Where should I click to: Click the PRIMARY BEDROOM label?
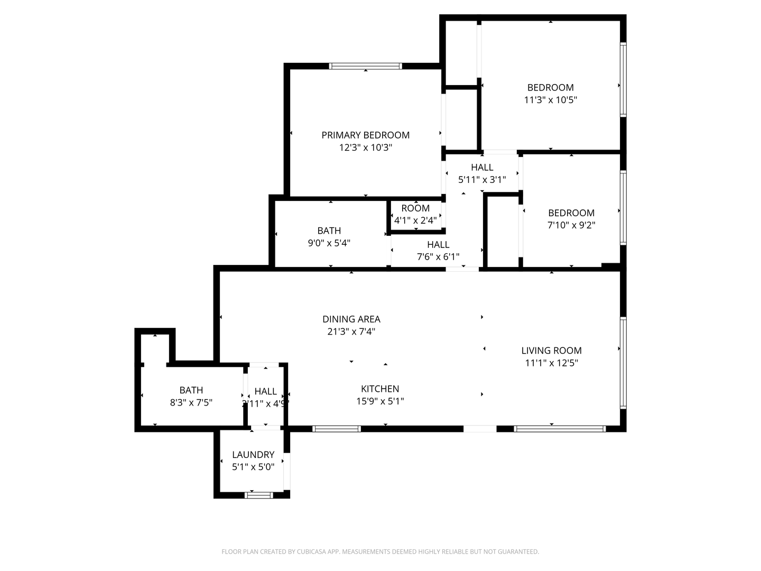coord(365,135)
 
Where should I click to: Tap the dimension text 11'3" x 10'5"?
coord(550,100)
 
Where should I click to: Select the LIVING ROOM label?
coord(551,351)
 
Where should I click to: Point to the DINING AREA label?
coord(351,319)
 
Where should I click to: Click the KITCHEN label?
coord(380,389)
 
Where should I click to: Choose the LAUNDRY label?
coord(253,455)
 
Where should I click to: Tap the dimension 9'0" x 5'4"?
coord(329,243)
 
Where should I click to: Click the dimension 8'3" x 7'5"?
coord(191,403)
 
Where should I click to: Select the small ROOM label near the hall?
coord(415,208)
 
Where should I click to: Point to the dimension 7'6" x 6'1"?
coord(438,257)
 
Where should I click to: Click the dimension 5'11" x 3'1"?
coord(481,180)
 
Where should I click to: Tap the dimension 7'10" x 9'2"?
coord(571,225)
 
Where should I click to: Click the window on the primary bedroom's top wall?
coord(365,66)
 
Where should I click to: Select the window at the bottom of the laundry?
coord(258,495)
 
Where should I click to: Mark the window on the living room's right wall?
coord(623,362)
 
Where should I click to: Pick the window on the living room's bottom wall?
coord(560,429)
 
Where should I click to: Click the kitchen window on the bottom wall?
coord(336,429)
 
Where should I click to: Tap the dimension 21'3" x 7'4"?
coord(351,332)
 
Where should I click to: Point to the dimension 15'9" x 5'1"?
coord(380,402)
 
